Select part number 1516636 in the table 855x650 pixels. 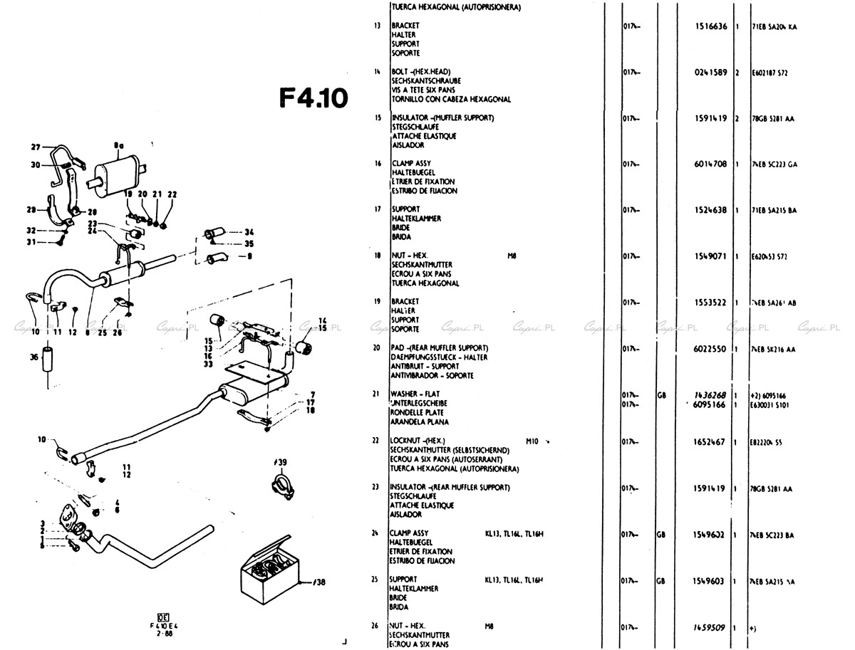pyautogui.click(x=710, y=26)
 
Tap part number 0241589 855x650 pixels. pyautogui.click(x=710, y=73)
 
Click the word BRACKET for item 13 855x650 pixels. pyautogui.click(x=405, y=26)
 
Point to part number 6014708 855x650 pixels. pyautogui.click(x=710, y=164)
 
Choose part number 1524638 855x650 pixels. pyautogui.click(x=710, y=210)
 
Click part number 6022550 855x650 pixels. pyautogui.click(x=710, y=349)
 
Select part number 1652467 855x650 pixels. pyautogui.click(x=710, y=442)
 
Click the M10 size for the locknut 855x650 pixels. pyautogui.click(x=532, y=441)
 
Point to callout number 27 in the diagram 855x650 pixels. pyautogui.click(x=36, y=147)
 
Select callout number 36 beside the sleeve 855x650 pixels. pyautogui.click(x=35, y=358)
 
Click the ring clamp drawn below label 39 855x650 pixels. pyautogui.click(x=280, y=489)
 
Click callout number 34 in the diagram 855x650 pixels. pyautogui.click(x=249, y=232)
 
